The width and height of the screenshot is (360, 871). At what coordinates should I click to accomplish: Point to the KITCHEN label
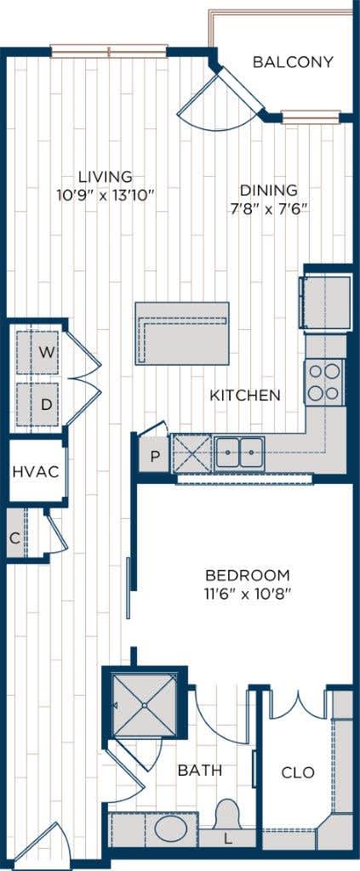(x=245, y=396)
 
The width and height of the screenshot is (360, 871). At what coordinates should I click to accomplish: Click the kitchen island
(x=182, y=333)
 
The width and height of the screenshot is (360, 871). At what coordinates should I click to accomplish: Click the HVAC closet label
(x=36, y=472)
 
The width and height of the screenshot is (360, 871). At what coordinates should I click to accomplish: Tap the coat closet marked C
(x=14, y=536)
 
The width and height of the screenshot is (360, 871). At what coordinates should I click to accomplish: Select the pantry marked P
(x=154, y=455)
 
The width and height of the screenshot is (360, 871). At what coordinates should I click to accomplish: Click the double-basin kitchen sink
(x=239, y=453)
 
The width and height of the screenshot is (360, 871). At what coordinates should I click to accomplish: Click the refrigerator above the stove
(x=327, y=303)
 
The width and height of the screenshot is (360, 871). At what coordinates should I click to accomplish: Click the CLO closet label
(x=298, y=772)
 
